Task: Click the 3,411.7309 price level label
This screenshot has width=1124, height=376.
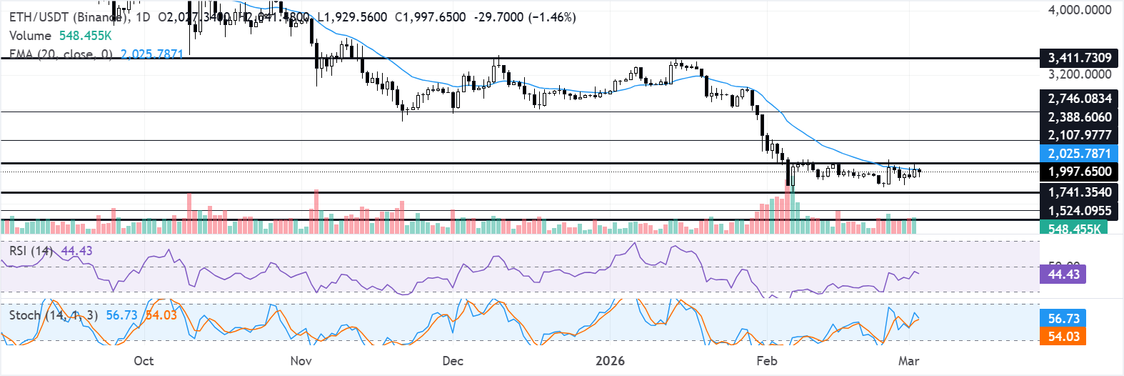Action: click(x=1079, y=58)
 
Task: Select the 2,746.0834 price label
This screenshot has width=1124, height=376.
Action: click(x=1079, y=99)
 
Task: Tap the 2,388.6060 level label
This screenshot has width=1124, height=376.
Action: click(x=1079, y=117)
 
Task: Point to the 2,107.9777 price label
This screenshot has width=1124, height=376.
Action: click(x=1079, y=135)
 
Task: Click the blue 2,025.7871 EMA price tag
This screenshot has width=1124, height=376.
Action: click(x=1079, y=154)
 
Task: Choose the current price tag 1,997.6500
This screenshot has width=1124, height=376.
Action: click(x=1079, y=172)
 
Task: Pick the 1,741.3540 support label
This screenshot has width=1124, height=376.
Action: click(x=1079, y=192)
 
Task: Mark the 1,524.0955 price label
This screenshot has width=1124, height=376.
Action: click(x=1079, y=211)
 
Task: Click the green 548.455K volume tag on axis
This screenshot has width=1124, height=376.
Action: click(x=1075, y=229)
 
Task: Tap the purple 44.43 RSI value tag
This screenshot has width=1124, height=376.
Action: click(x=1063, y=274)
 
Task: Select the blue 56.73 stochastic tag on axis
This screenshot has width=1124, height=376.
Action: click(x=1063, y=319)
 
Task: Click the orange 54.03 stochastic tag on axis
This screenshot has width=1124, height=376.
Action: click(x=1063, y=337)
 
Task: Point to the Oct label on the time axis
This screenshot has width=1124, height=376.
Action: click(x=144, y=361)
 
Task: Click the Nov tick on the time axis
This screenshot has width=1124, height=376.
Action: click(x=301, y=361)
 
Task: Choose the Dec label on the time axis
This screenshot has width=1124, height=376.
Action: click(x=453, y=361)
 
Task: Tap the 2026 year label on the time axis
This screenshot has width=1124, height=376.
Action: click(x=610, y=361)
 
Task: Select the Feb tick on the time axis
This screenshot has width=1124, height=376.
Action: click(x=766, y=361)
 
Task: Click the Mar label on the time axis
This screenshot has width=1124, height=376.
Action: click(x=908, y=361)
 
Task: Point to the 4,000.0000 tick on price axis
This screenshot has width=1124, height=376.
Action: click(x=1079, y=10)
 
